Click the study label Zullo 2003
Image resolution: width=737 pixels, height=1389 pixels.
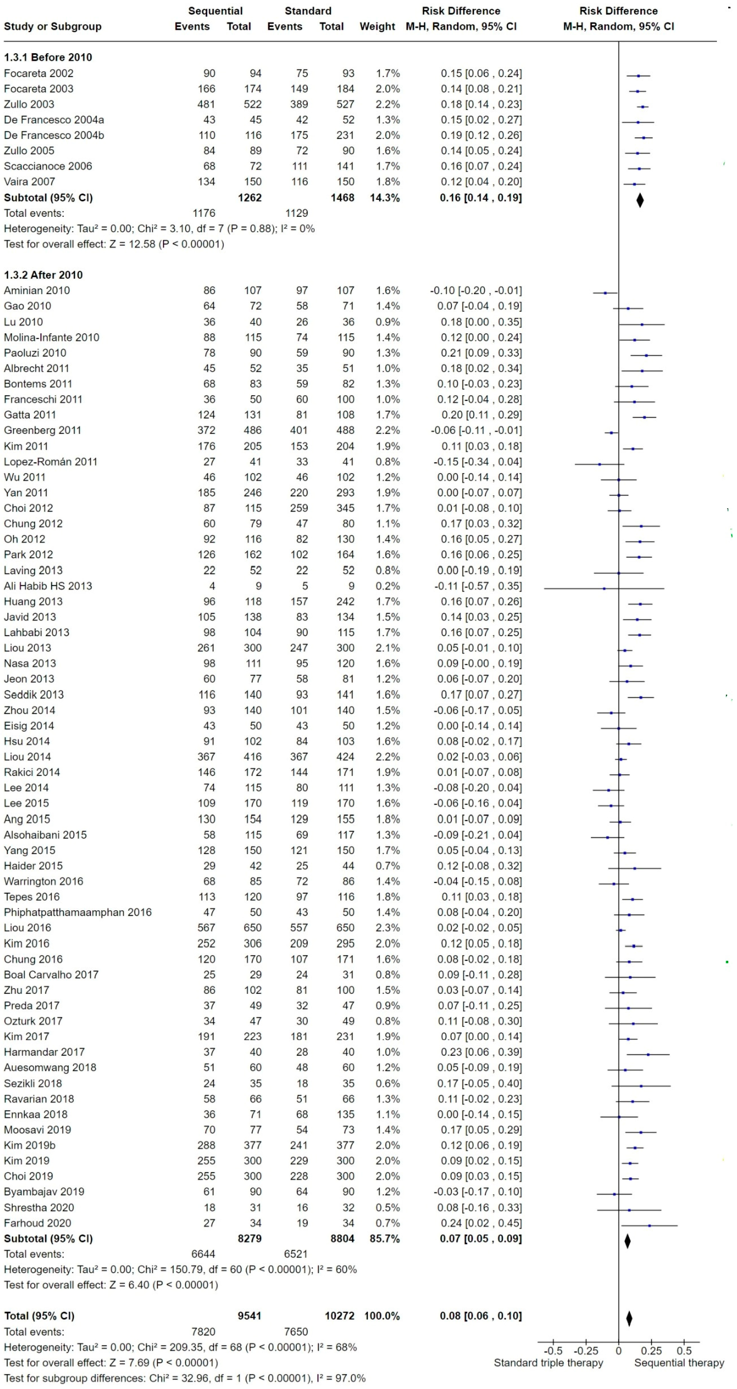29,104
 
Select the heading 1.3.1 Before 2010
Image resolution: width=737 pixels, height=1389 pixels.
48,57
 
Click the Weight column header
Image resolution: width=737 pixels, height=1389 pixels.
377,27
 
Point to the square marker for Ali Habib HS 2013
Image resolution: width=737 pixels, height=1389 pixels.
604,588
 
